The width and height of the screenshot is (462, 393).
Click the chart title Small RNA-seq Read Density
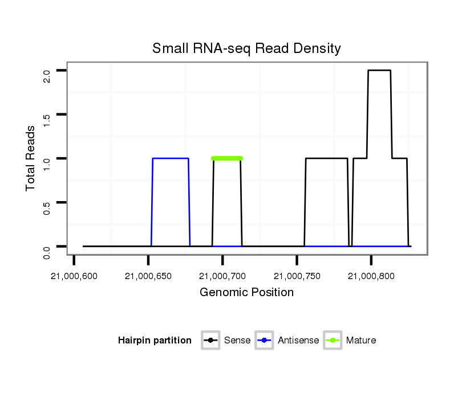coord(246,48)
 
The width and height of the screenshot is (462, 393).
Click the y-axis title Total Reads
coord(32,158)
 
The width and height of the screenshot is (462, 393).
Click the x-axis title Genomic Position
coord(246,293)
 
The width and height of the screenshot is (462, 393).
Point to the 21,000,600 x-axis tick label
coord(74,276)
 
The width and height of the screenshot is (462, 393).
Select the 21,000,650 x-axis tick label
coord(148,276)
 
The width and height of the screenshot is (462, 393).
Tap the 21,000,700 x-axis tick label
coord(222,276)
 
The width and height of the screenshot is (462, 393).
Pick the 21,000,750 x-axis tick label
coord(297,276)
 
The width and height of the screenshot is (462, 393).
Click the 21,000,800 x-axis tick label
coord(371,276)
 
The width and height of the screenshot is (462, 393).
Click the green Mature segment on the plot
coord(227,158)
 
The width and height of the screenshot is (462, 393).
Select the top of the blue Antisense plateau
coord(171,158)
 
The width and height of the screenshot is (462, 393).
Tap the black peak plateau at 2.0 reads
coord(379,71)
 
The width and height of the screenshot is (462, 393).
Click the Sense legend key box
coord(210,341)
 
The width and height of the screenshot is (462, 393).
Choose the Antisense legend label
coord(298,341)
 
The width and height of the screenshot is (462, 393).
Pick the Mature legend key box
coord(333,341)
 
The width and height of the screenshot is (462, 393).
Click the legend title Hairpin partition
coord(155,341)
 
